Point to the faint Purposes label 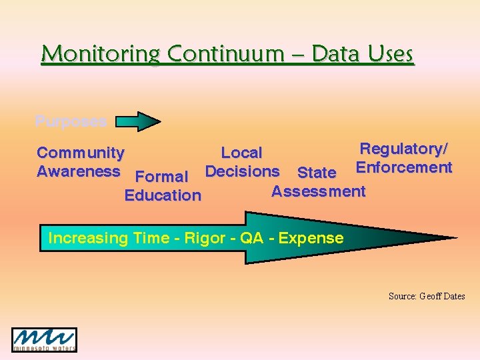point(71,122)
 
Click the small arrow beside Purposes point(139,121)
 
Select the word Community point(80,153)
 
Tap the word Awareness point(78,171)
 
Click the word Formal point(162,177)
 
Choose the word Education point(163,195)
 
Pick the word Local point(241,153)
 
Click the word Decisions point(242,171)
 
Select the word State point(317,173)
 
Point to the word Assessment point(318,191)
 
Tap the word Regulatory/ point(404,149)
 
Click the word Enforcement point(404,167)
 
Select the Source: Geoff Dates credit point(427,296)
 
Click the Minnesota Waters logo point(44,339)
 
